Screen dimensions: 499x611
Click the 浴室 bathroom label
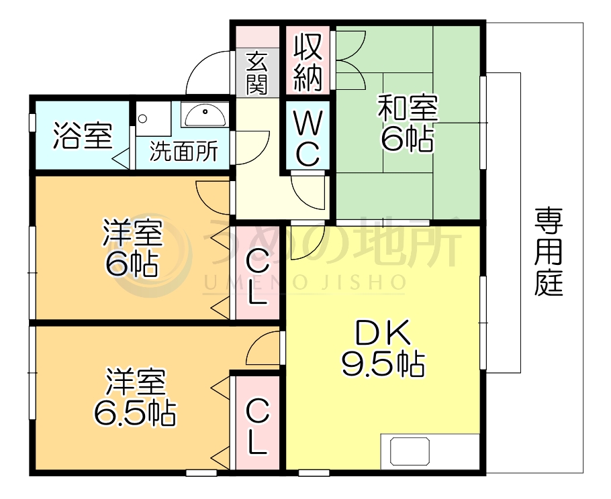pos(81,136)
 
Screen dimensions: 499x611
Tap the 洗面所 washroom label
pos(183,152)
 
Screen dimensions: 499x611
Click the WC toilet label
pos(307,137)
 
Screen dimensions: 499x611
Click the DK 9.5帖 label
pos(381,349)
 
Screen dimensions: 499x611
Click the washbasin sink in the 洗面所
pos(204,117)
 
